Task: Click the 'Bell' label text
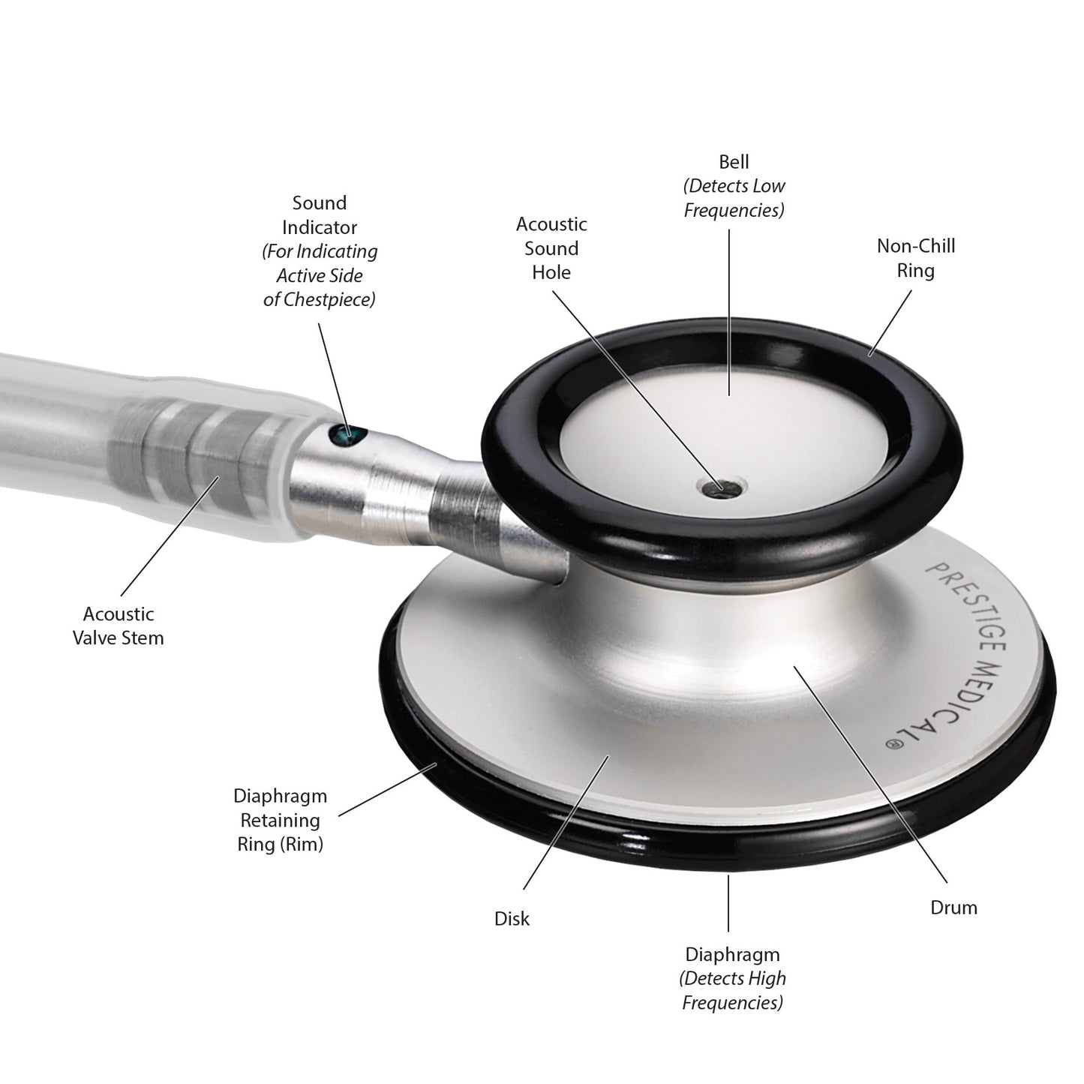click(734, 162)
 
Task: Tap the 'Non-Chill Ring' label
click(916, 258)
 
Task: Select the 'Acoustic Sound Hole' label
click(551, 248)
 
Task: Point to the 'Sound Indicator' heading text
click(320, 215)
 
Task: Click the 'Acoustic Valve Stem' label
click(118, 626)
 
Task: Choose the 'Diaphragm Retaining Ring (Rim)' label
click(280, 820)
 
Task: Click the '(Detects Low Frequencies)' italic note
click(734, 198)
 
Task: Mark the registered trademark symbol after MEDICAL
click(893, 743)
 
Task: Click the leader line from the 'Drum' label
click(870, 774)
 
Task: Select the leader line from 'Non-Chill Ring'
click(890, 323)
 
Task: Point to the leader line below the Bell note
click(729, 312)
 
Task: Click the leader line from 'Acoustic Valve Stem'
click(170, 536)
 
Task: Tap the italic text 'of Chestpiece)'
click(319, 299)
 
